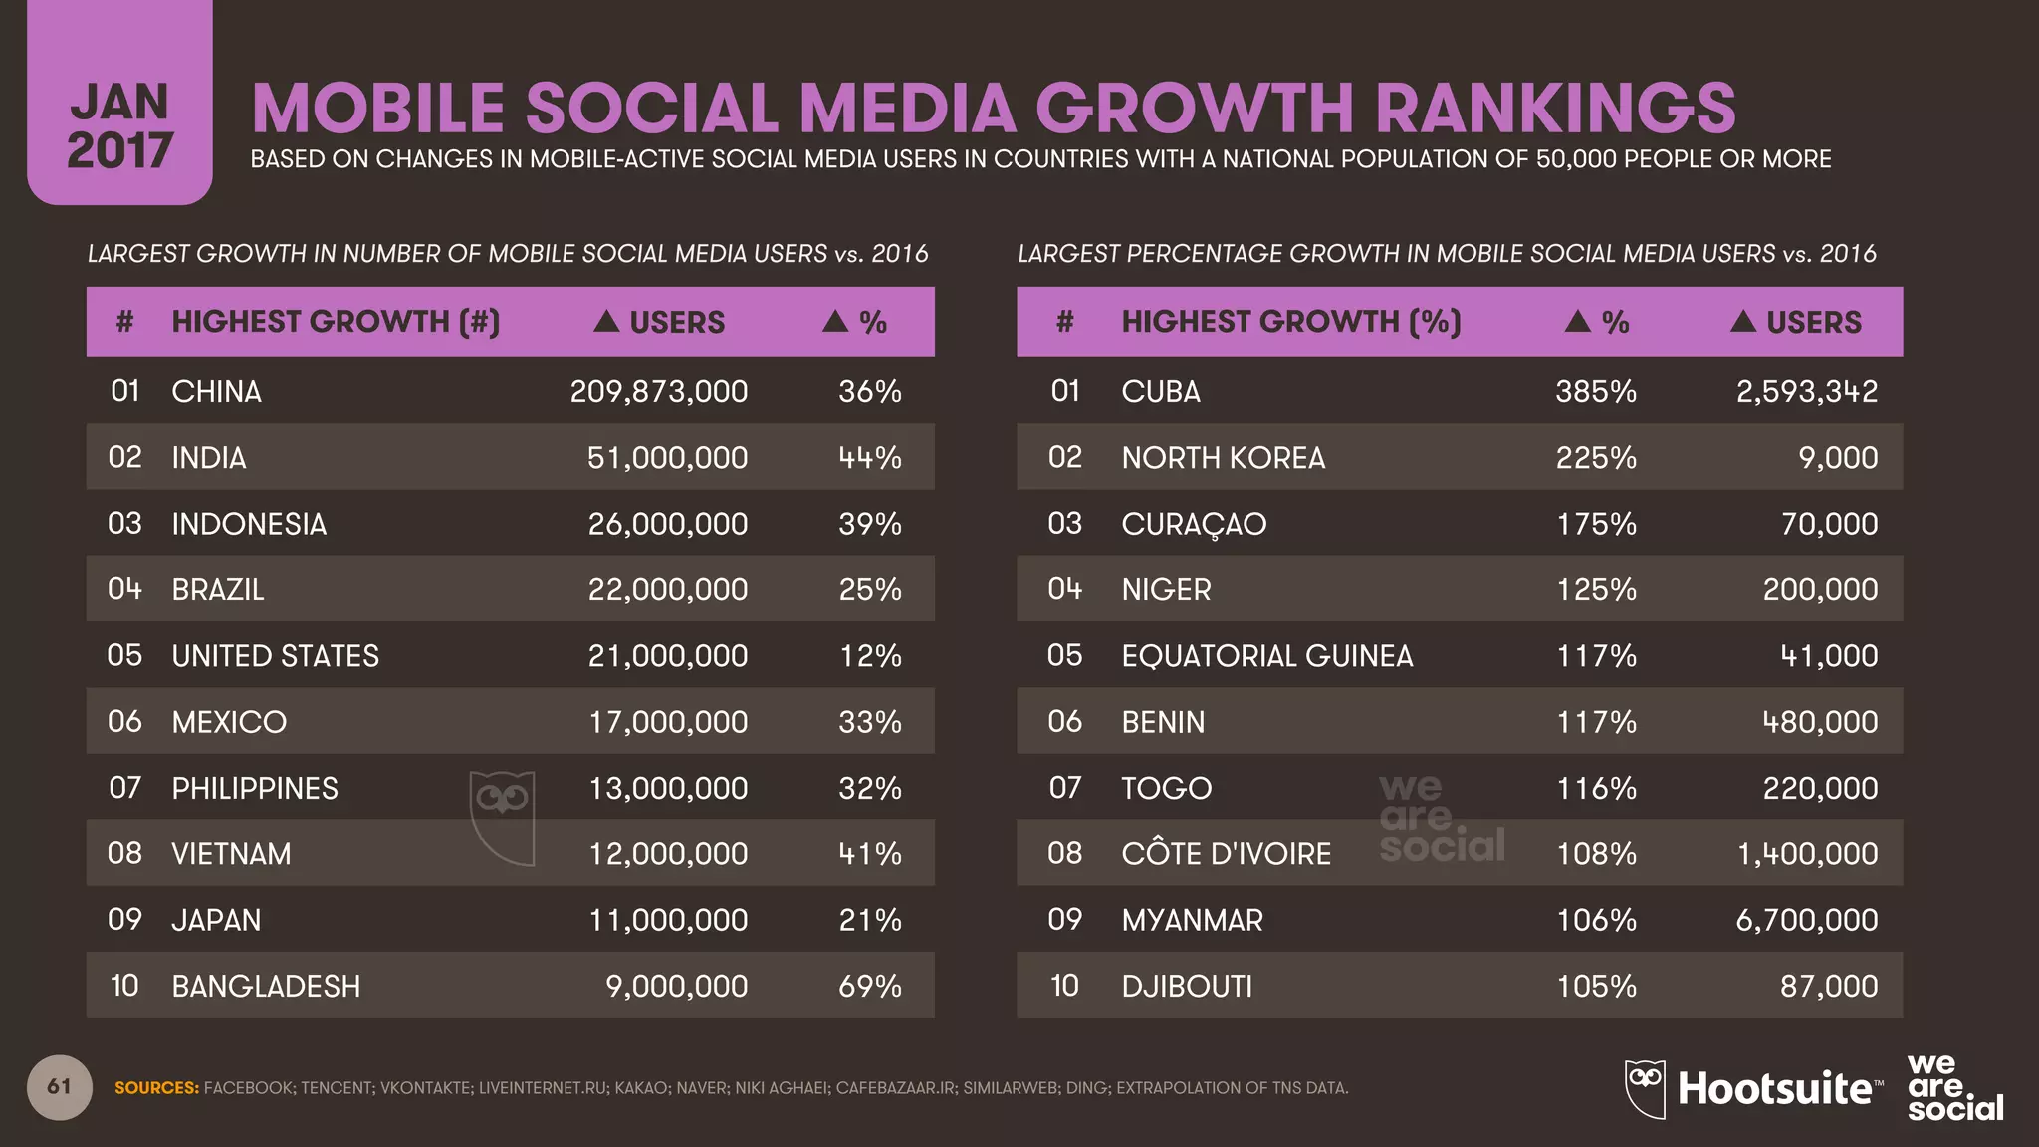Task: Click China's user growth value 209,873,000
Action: pos(658,391)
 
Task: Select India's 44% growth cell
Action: pos(869,457)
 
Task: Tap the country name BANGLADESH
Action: pos(266,986)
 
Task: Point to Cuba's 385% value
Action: pos(1596,391)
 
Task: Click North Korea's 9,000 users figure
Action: pos(1838,457)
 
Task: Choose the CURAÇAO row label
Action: pos(1194,524)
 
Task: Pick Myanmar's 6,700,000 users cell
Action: pos(1806,919)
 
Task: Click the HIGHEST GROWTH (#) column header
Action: pos(336,322)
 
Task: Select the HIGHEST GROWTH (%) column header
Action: pos(1290,322)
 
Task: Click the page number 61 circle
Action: pos(60,1086)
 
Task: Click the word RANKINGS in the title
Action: pos(1555,108)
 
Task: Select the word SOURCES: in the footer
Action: pos(156,1088)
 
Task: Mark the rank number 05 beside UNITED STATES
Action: pos(124,655)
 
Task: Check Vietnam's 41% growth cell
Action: pos(869,853)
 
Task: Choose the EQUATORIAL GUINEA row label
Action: pos(1266,655)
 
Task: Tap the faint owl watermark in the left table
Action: pos(503,816)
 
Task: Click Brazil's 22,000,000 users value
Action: pos(667,589)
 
